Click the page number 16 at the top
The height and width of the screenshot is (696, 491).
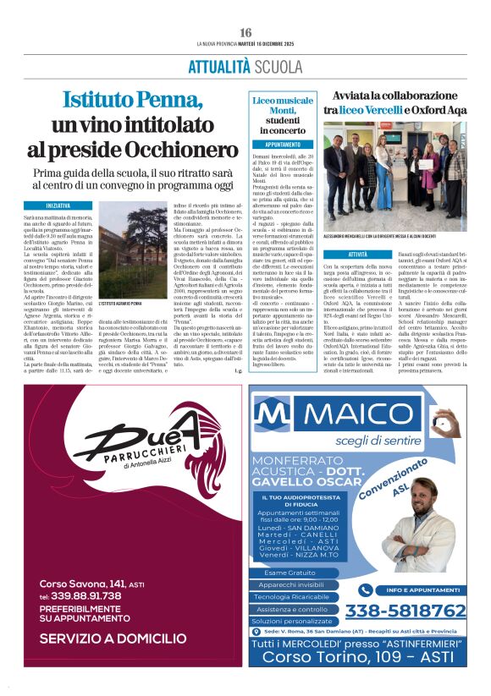pos(245,32)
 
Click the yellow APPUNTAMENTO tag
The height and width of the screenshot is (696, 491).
pos(277,145)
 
